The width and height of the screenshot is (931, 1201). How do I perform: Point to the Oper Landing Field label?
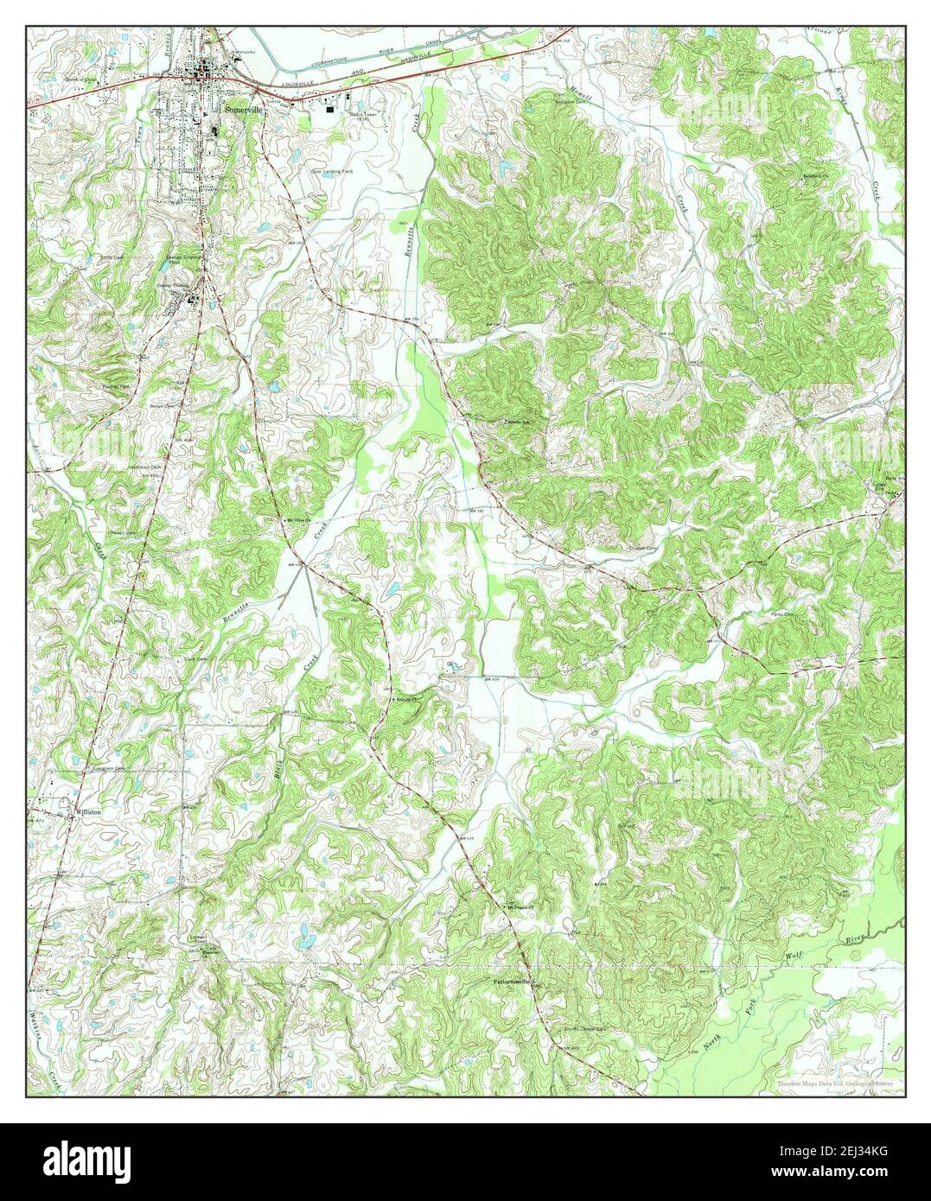[x=328, y=171]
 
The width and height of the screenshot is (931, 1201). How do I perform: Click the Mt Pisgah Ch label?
[x=522, y=907]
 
